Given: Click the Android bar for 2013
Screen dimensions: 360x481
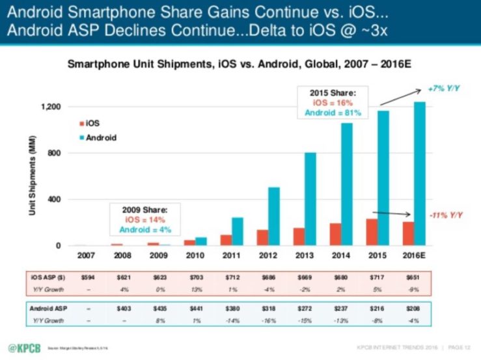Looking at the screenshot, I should point(310,199).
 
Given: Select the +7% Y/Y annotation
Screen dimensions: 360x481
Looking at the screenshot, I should point(445,87).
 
